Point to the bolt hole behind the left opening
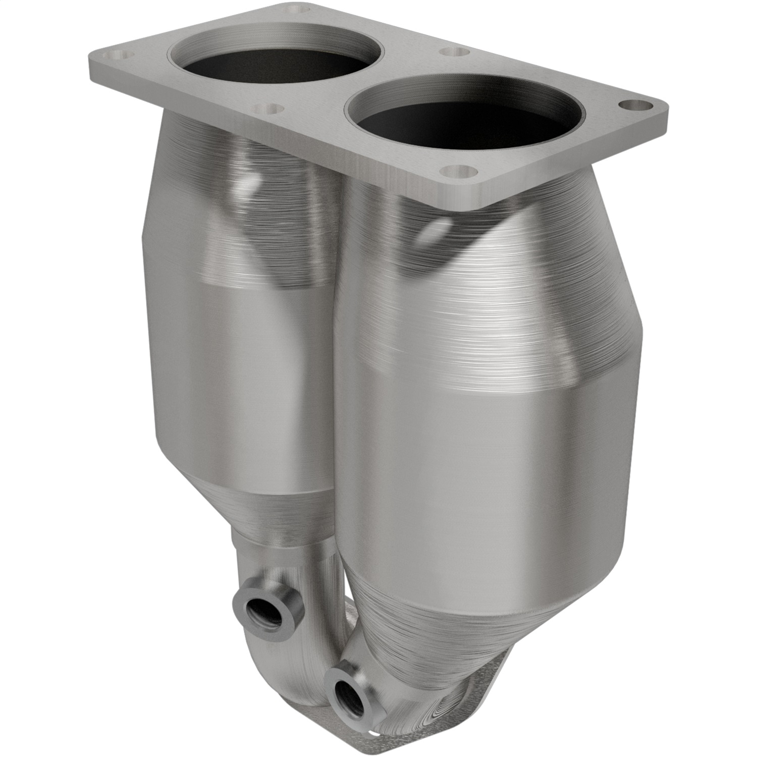tap(293, 9)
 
